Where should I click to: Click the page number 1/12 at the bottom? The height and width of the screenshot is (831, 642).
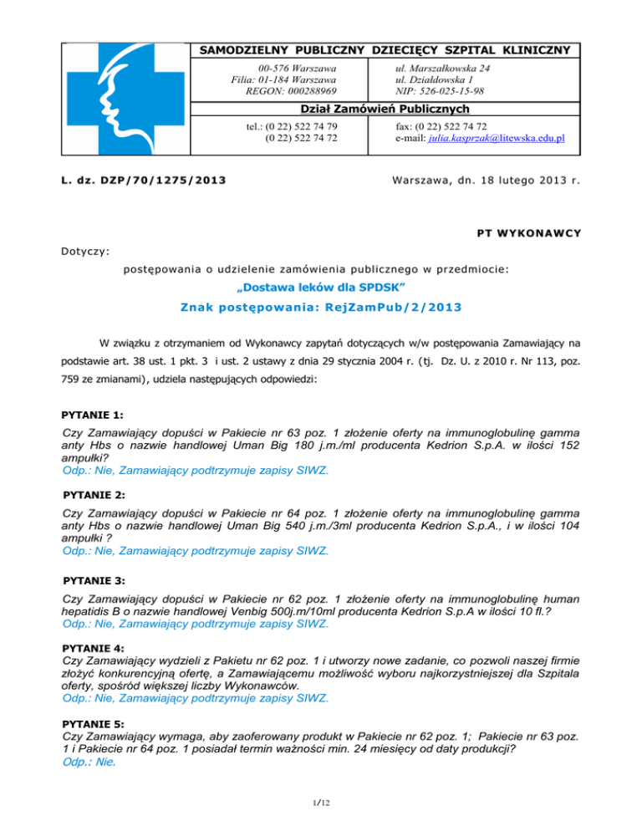[x=321, y=803]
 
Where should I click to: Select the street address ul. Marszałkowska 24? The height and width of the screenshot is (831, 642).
[x=443, y=67]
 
